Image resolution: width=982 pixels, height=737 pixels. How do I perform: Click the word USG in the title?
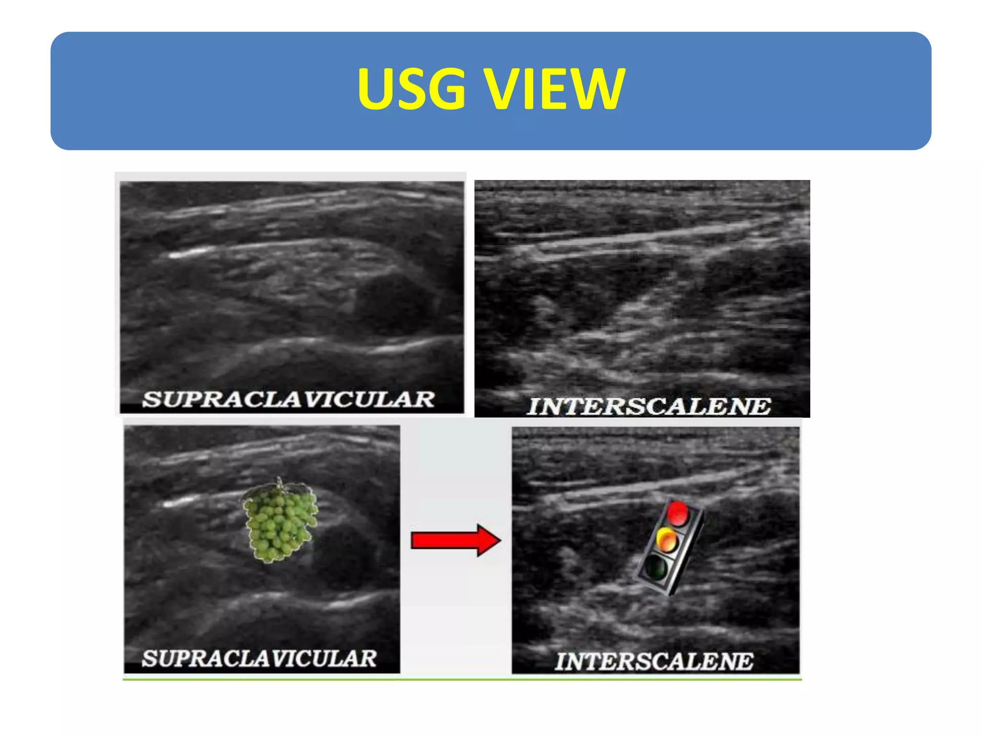click(x=411, y=89)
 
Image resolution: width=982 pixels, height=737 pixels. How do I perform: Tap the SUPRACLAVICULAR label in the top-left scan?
click(x=288, y=400)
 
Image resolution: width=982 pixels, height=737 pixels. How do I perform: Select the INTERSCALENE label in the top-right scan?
click(x=648, y=406)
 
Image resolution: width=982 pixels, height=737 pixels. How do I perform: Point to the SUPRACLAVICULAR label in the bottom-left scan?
click(x=259, y=658)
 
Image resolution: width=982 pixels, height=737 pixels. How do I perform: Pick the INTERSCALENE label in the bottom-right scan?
click(x=654, y=661)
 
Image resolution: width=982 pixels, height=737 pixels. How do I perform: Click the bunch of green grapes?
click(x=280, y=523)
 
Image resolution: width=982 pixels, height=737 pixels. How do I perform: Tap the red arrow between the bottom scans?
click(x=456, y=540)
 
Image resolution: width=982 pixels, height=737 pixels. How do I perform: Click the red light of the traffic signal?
click(x=678, y=512)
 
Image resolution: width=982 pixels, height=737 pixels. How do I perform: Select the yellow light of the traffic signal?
click(x=667, y=540)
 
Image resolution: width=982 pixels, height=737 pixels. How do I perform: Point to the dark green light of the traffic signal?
click(x=655, y=567)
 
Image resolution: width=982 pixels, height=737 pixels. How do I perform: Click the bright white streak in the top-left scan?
click(x=189, y=253)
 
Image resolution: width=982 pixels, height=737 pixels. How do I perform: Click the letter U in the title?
click(x=375, y=89)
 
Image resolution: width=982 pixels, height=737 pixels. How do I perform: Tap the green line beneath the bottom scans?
click(x=462, y=679)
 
